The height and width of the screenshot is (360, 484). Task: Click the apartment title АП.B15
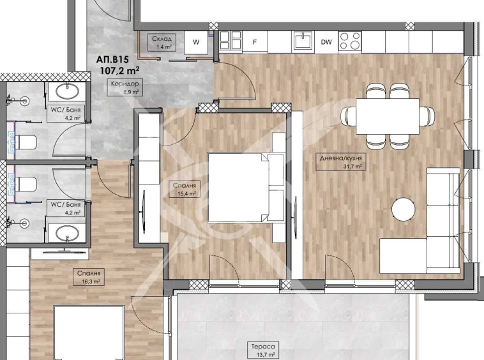click(113, 59)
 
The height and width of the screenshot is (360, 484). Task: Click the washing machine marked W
click(197, 42)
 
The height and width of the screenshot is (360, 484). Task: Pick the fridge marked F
click(255, 42)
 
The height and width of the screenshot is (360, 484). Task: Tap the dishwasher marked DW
click(326, 42)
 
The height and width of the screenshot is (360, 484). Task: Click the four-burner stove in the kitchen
click(349, 41)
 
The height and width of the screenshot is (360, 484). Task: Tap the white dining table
click(387, 116)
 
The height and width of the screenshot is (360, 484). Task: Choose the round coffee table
click(404, 209)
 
